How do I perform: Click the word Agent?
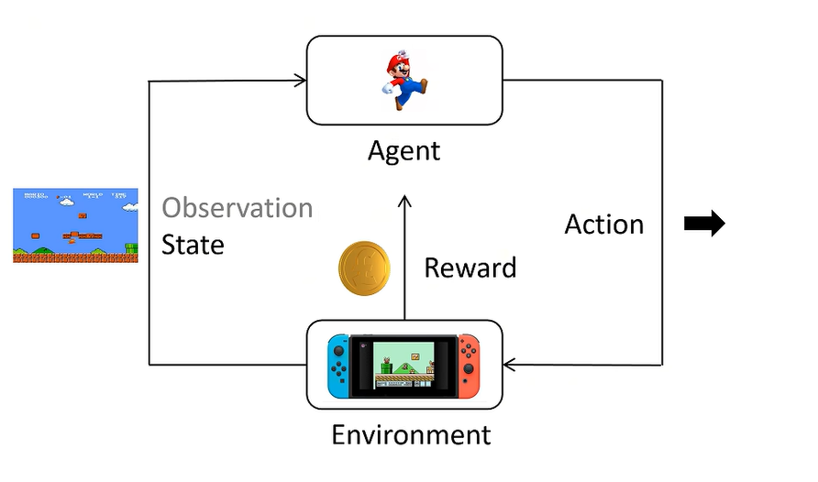[x=403, y=150]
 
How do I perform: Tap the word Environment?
[x=411, y=433]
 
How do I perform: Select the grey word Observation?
[x=238, y=208]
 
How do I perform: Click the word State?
[x=193, y=245]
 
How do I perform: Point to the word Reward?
[x=470, y=268]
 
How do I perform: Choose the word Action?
[x=603, y=225]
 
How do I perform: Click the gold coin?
[x=365, y=270]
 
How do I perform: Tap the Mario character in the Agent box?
[x=403, y=81]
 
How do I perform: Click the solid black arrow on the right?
[x=704, y=224]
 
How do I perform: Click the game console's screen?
[x=403, y=364]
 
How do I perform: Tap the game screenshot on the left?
[x=75, y=225]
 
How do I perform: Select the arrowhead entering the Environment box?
[x=510, y=366]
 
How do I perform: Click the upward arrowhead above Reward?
[x=404, y=200]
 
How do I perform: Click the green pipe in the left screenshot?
[x=129, y=247]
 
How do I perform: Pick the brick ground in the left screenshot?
[x=75, y=257]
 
